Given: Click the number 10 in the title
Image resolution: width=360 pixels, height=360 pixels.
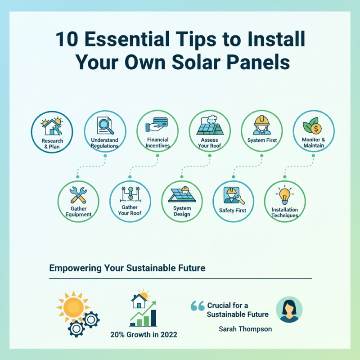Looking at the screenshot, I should coord(67,40).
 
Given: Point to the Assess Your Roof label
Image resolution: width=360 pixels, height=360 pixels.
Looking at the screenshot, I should coord(210,143).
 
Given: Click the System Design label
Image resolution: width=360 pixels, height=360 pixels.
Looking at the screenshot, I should coord(182,211).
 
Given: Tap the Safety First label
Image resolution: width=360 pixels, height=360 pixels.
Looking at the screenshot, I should coord(233,210).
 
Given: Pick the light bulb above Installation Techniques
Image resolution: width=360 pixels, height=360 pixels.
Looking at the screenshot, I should coord(284,195).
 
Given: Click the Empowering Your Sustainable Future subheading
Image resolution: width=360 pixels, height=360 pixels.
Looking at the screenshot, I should coord(127,268).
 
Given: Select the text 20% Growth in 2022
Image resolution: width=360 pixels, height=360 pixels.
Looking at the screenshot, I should coord(144,334).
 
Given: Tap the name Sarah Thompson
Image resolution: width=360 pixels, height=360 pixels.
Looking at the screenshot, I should coord(245,329).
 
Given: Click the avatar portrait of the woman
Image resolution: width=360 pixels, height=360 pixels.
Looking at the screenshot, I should coord(288,309).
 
